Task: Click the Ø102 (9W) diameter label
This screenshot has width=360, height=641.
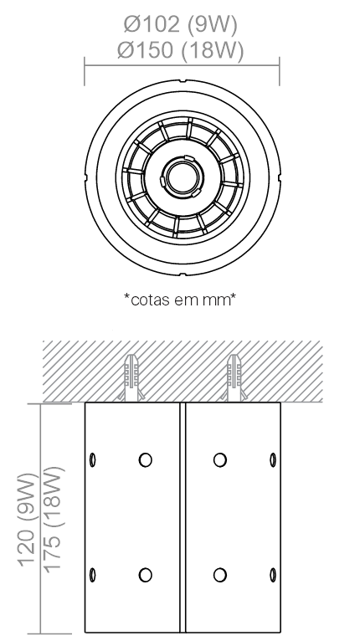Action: [180, 24]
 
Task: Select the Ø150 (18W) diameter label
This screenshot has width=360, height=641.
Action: [180, 51]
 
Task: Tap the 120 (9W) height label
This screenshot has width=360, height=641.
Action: [28, 519]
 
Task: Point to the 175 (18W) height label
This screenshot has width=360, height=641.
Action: [54, 519]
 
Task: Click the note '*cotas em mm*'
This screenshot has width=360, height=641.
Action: [180, 300]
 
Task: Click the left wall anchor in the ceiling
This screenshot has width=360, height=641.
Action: [131, 377]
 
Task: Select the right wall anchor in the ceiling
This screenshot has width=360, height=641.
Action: [234, 377]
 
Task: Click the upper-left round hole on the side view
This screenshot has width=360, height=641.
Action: [145, 460]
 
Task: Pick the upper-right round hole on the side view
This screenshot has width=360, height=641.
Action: [220, 460]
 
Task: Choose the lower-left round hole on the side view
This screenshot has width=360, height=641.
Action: [145, 575]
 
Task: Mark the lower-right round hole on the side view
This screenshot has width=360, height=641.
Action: [220, 575]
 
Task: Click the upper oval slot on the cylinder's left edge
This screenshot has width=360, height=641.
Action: [92, 460]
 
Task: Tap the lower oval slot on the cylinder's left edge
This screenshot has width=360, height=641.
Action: [92, 575]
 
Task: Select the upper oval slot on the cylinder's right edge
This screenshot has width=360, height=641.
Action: [273, 460]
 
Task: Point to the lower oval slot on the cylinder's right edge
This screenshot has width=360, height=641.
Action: [273, 575]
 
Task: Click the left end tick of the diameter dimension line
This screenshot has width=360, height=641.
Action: [85, 71]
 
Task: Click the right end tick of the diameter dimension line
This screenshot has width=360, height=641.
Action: [280, 71]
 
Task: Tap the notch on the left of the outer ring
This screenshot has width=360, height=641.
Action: [87, 177]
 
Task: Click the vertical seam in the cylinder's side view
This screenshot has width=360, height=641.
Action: [183, 517]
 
